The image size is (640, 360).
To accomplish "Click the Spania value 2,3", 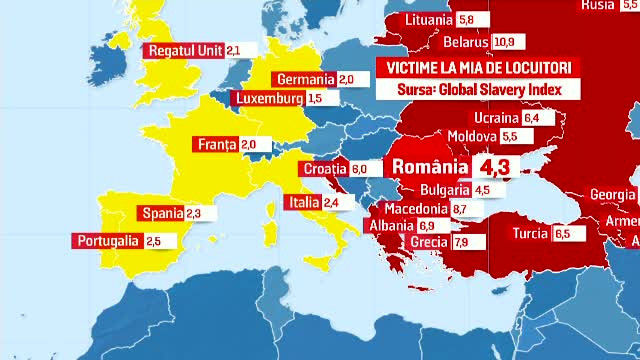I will pyautogui.click(x=194, y=213).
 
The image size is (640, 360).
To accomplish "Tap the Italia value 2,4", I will pyautogui.click(x=332, y=202).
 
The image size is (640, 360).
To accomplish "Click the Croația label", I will pyautogui.click(x=324, y=169).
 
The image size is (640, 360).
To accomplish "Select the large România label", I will pyautogui.click(x=430, y=166).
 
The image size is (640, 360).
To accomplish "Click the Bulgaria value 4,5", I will pyautogui.click(x=482, y=190).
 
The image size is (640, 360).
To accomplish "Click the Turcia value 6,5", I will pyautogui.click(x=562, y=234).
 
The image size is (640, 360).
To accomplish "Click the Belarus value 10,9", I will pyautogui.click(x=503, y=42).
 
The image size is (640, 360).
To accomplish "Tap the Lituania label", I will pyautogui.click(x=429, y=20).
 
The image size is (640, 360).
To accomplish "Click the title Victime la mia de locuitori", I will pyautogui.click(x=474, y=67).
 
